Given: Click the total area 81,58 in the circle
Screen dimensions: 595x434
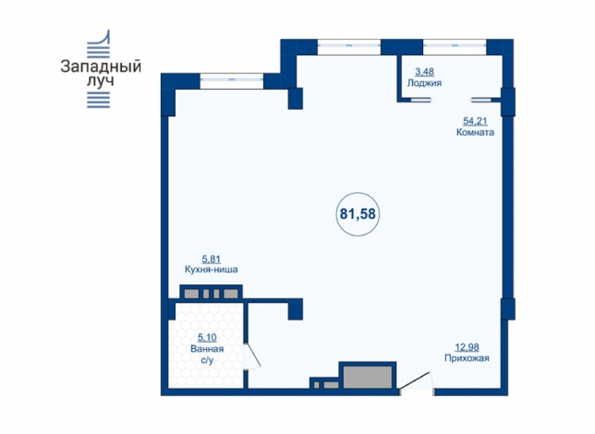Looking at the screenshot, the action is click(x=358, y=214).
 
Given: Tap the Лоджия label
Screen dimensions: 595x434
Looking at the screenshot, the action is click(x=424, y=83).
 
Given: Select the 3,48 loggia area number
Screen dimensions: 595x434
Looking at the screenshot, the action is click(x=425, y=71).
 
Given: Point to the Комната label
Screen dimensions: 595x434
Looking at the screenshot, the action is click(x=475, y=132).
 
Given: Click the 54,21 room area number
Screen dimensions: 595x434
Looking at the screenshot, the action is click(x=476, y=121).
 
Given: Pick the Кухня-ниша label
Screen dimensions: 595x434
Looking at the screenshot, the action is click(x=212, y=270).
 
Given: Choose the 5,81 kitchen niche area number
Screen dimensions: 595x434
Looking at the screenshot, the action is click(x=212, y=259).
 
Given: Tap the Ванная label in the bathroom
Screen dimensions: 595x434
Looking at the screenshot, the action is click(x=207, y=349).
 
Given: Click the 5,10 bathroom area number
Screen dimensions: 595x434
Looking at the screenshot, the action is click(x=207, y=337).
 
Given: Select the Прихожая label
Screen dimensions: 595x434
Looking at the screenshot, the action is click(x=467, y=358).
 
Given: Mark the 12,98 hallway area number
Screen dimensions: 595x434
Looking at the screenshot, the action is click(x=467, y=347).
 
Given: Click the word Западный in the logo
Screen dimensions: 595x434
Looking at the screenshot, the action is click(x=101, y=66).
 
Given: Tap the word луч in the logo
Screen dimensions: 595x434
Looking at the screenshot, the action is click(x=101, y=81).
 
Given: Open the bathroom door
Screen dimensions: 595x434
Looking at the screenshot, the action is click(x=251, y=356).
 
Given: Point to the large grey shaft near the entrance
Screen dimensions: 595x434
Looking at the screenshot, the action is click(x=368, y=377).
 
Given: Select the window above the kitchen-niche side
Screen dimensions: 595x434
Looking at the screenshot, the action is click(x=232, y=79).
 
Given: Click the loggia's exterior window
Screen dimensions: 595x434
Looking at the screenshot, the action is click(x=455, y=44).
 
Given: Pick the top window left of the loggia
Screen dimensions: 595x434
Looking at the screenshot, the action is click(x=349, y=44).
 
